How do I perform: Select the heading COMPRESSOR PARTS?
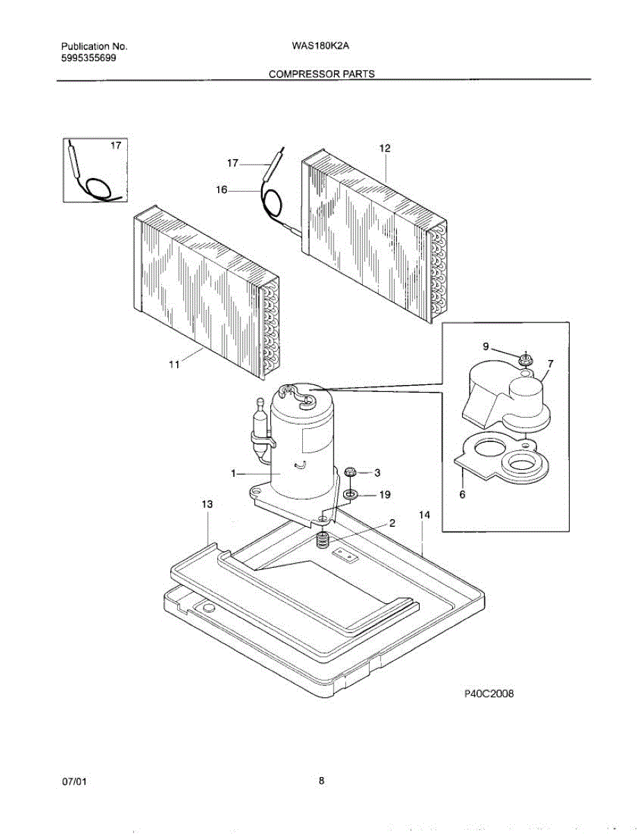coord(322,74)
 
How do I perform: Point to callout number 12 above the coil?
coord(385,148)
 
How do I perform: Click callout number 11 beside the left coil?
coord(174,363)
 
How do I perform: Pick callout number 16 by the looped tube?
coord(222,189)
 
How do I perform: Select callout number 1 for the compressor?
coord(235,473)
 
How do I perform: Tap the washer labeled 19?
coord(351,494)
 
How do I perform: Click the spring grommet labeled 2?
coord(322,539)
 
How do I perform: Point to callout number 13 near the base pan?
coord(206,503)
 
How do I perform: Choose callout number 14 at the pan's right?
coord(424,515)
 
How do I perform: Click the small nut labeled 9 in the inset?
coord(526,359)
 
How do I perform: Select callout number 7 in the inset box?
coord(550,363)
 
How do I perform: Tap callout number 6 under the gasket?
coord(462,495)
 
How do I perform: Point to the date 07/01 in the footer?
coord(74,782)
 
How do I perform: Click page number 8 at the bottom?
coord(322,780)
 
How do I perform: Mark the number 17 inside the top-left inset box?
coord(115,146)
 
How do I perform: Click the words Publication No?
coord(94,47)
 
